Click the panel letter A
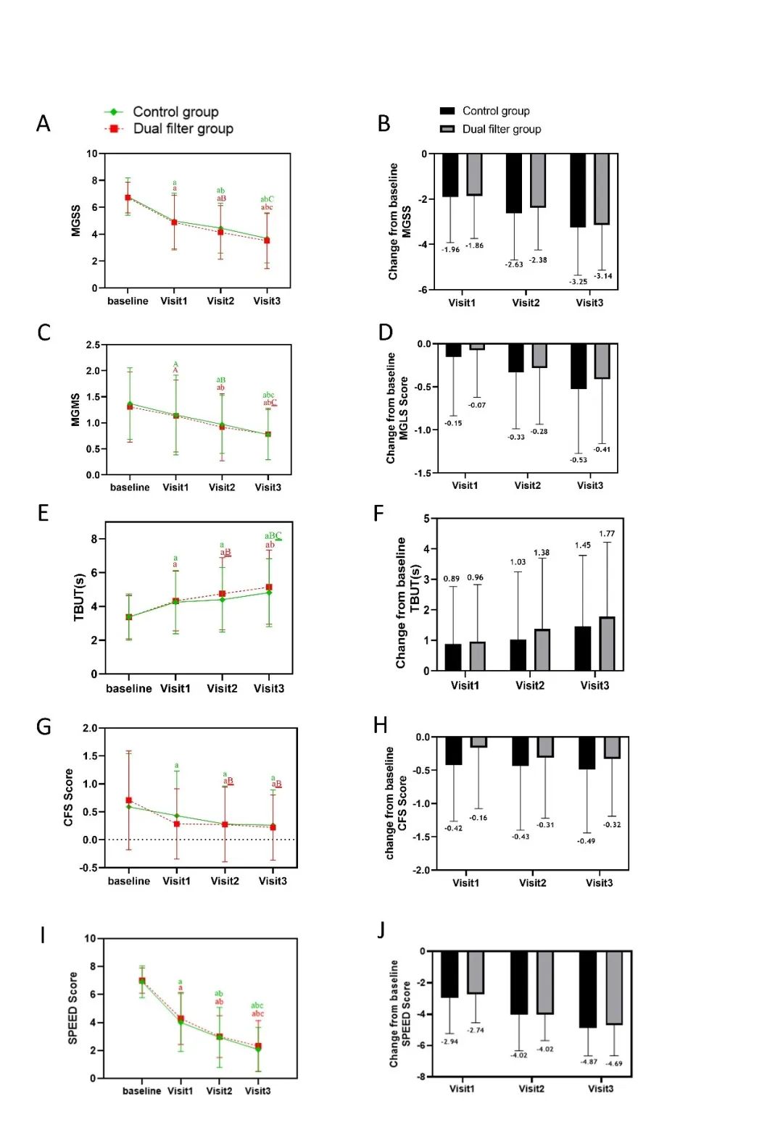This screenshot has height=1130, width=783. pos(43,124)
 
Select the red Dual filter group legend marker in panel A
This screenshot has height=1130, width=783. pos(114,129)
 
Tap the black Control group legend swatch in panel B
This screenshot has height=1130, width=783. pos(447,111)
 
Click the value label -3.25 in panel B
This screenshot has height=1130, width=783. pos(578,282)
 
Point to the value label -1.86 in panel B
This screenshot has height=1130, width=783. pos(474,246)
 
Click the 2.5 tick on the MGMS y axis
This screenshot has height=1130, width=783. pos(93,345)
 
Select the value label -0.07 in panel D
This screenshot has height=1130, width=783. pos(476,405)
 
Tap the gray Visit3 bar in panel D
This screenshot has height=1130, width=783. pos(602,361)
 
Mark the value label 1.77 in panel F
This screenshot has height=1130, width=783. pos(607,534)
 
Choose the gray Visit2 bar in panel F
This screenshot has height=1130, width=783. pos(542,650)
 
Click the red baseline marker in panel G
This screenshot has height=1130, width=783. pos(129,800)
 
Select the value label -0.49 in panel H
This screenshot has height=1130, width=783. pos(586,841)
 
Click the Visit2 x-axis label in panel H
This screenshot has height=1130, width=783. pos(532,883)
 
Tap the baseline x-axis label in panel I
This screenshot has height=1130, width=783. pos(141,1091)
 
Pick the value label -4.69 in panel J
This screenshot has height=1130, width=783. pos(613,1063)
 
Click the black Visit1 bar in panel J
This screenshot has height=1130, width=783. pos(449,974)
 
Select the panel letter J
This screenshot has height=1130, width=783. pos(381,930)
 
